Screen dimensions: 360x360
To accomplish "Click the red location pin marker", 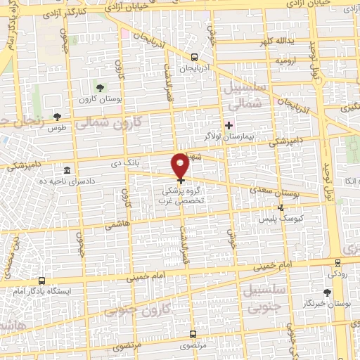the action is [181, 165].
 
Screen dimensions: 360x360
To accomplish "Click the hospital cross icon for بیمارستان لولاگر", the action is [229, 124].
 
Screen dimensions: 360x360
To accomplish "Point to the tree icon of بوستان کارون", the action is [98, 88].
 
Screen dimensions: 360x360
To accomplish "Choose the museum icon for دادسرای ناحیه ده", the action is [67, 171].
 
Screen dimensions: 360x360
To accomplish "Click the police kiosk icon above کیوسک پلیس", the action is [281, 207].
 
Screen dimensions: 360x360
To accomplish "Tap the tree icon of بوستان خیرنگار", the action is [326, 292].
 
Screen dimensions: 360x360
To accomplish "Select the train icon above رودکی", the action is [337, 262].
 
